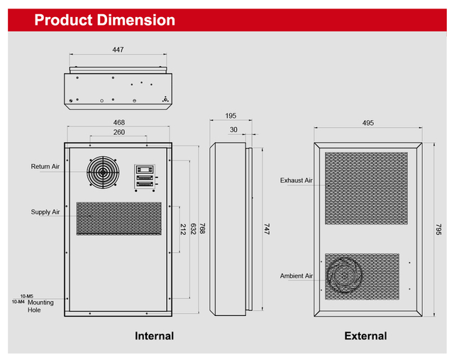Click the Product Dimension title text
(x=104, y=20)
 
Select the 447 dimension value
(x=118, y=50)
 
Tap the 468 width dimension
(x=118, y=123)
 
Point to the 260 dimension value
(x=118, y=133)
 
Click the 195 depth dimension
(x=231, y=116)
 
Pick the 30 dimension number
(x=233, y=130)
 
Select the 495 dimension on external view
(x=367, y=123)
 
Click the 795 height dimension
(x=438, y=230)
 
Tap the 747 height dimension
(x=267, y=229)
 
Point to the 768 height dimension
(x=202, y=229)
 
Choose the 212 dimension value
(x=183, y=229)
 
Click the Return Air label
(x=45, y=167)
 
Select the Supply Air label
(x=45, y=212)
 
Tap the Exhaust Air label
(x=296, y=181)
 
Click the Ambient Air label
(x=296, y=276)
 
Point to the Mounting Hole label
(x=40, y=306)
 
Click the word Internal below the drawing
(x=154, y=336)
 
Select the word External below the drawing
(x=365, y=336)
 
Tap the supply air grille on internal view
(x=118, y=218)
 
